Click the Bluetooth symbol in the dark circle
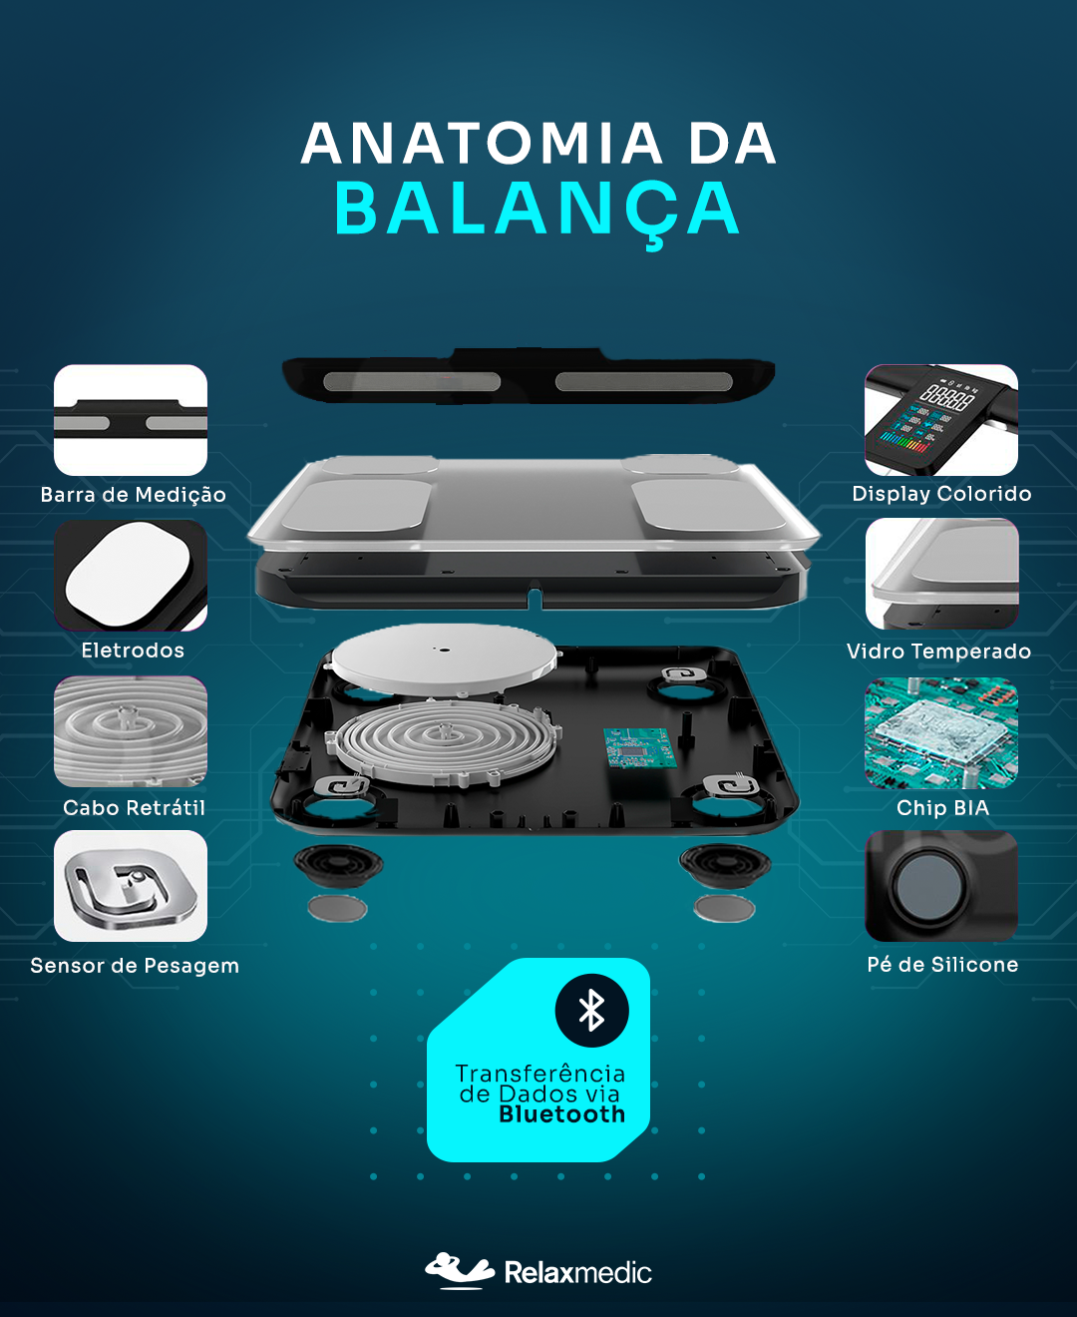click(x=591, y=1010)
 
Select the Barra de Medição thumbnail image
click(x=131, y=420)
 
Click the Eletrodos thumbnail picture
click(x=131, y=575)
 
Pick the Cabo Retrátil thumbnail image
click(x=131, y=731)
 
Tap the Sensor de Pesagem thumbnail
click(x=131, y=886)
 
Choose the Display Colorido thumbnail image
click(x=941, y=420)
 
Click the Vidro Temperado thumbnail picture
click(x=941, y=574)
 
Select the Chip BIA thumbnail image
click(x=941, y=732)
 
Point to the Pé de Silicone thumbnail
click(x=941, y=886)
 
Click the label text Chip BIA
click(x=942, y=808)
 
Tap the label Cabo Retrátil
click(x=135, y=808)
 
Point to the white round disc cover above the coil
click(x=444, y=658)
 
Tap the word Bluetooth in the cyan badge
click(x=561, y=1114)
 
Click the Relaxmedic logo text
click(x=577, y=1273)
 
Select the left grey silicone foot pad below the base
click(x=338, y=908)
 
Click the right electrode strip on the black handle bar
click(x=643, y=381)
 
